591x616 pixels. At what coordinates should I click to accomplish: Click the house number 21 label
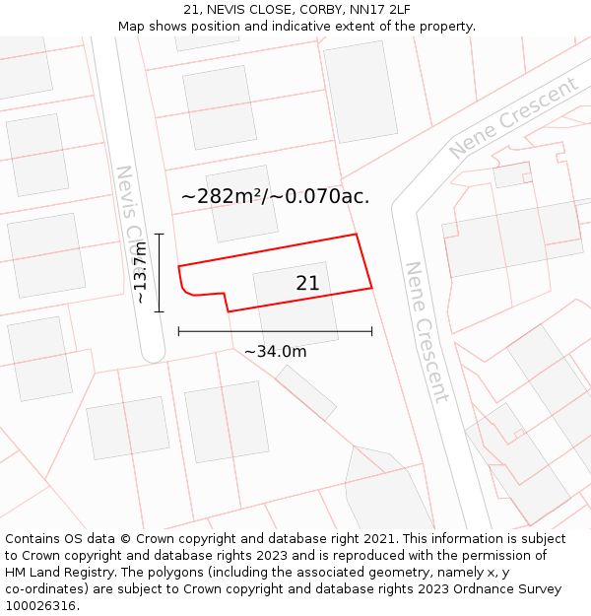click(x=307, y=284)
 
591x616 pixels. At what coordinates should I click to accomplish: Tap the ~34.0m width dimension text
click(x=275, y=351)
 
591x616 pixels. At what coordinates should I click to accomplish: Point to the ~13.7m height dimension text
click(x=141, y=272)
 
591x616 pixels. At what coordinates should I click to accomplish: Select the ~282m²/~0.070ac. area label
click(x=275, y=196)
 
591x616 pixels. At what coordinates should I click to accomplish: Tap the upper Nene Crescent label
click(x=513, y=118)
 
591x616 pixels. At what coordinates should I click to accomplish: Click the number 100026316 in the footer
click(x=40, y=606)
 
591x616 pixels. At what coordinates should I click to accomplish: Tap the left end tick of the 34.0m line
click(x=178, y=331)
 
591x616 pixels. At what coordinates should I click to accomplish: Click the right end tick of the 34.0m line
click(x=371, y=331)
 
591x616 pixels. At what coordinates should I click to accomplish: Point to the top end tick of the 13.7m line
click(x=159, y=235)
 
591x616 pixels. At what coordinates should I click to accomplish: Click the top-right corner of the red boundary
click(x=356, y=235)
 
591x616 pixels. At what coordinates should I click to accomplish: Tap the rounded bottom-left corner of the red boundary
click(x=184, y=289)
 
